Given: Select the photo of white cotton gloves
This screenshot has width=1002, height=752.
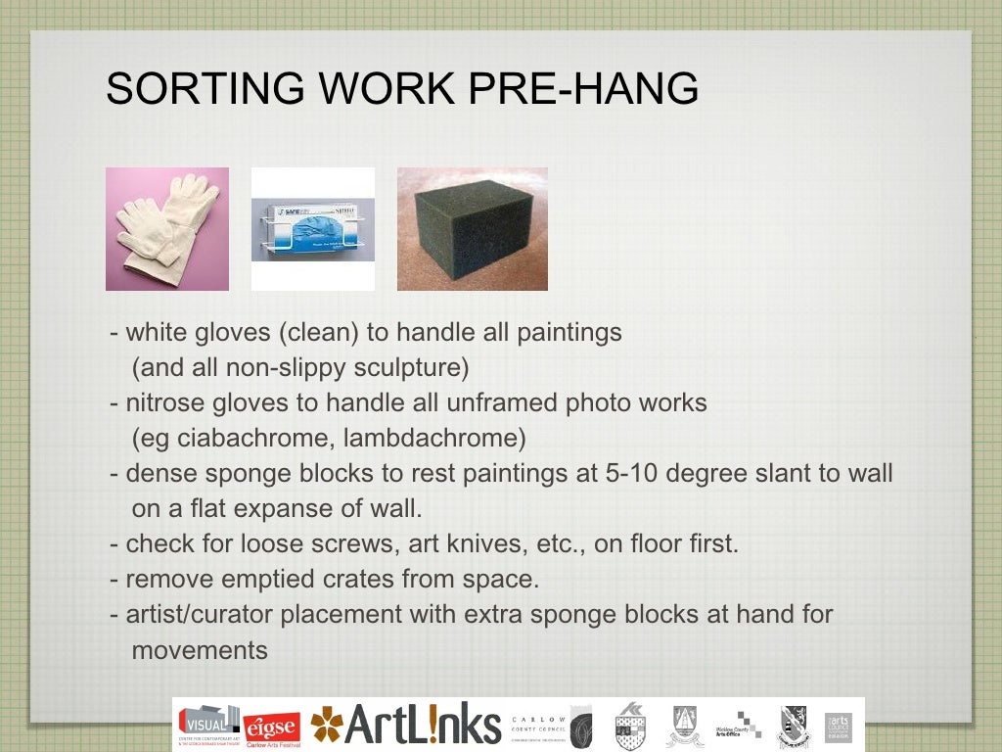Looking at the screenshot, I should tap(167, 229).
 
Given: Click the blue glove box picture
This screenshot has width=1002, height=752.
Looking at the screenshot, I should tap(312, 229).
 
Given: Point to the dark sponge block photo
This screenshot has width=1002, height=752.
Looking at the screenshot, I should tap(472, 229).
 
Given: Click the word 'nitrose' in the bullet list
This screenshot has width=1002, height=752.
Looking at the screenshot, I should tap(160, 403).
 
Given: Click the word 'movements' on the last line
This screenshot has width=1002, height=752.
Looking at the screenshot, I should tap(200, 650).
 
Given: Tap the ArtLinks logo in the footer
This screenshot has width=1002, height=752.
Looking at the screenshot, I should tap(406, 725).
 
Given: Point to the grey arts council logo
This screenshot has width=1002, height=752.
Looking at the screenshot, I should tap(839, 726).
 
